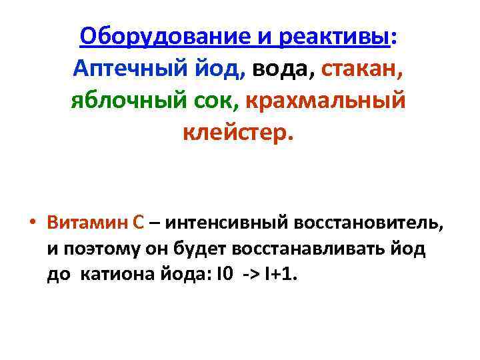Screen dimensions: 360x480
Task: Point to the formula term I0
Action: [224, 275]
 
